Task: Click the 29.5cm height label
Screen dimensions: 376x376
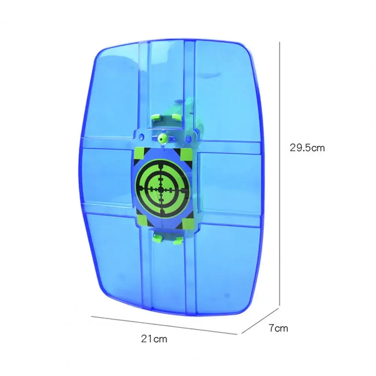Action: (x=307, y=148)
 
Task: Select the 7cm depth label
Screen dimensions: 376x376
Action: (x=278, y=328)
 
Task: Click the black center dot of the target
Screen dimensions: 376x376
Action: (x=161, y=190)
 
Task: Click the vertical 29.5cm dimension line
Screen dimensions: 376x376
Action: (x=280, y=169)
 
